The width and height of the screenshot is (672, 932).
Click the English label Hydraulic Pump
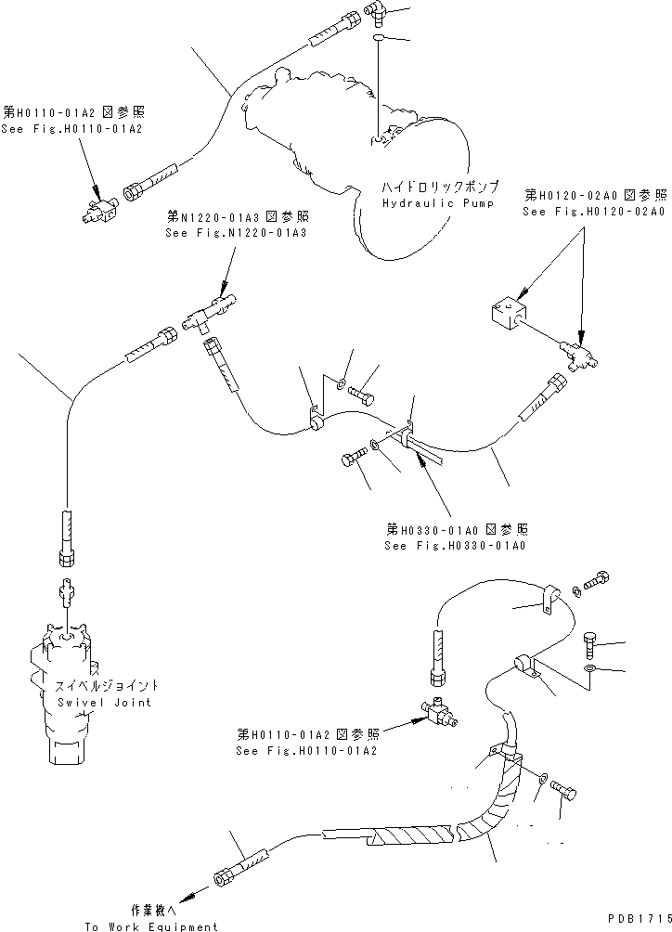(x=438, y=201)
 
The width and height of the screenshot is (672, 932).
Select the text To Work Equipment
(x=151, y=926)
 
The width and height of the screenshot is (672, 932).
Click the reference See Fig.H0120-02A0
(x=594, y=211)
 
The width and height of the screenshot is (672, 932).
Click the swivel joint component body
(x=66, y=687)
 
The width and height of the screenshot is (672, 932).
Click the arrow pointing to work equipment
(x=187, y=895)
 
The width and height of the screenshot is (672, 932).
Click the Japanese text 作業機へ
(x=151, y=911)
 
